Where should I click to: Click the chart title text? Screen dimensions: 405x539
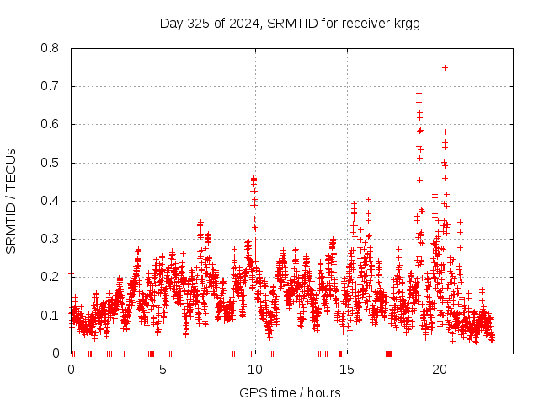290,23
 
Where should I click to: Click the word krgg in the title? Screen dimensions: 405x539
406,23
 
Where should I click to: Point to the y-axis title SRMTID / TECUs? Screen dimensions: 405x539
11,201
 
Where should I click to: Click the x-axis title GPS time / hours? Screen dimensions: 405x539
290,392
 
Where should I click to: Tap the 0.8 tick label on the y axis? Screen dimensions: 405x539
51,48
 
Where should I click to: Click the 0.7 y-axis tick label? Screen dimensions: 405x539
51,86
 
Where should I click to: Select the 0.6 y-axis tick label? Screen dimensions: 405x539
51,124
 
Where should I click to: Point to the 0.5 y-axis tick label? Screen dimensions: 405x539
51,163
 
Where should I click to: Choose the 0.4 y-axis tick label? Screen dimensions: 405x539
51,201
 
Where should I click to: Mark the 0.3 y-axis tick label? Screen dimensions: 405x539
51,239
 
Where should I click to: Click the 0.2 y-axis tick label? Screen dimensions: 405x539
51,277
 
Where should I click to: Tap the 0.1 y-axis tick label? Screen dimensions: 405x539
51,315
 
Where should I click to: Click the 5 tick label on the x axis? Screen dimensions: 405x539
163,369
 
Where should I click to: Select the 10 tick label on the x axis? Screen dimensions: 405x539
255,369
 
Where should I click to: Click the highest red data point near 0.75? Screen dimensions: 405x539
445,67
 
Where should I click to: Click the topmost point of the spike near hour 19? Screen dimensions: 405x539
419,93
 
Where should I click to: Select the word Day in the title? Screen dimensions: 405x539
171,23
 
